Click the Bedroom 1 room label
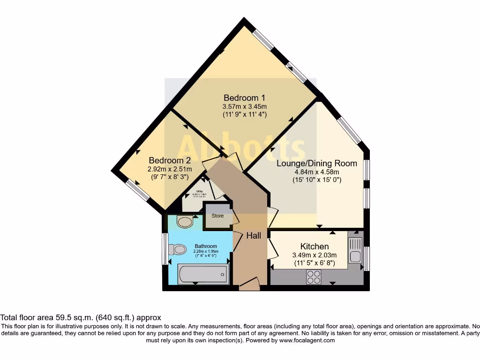click(x=244, y=98)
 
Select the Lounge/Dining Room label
click(x=316, y=164)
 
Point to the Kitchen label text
click(x=314, y=247)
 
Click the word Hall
click(x=254, y=236)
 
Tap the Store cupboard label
click(x=217, y=216)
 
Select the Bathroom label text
click(x=206, y=246)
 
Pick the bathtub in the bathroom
click(x=203, y=274)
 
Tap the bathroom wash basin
click(x=185, y=221)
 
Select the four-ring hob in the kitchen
click(x=314, y=277)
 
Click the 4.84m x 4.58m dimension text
click(x=316, y=172)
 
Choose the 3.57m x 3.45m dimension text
click(x=244, y=106)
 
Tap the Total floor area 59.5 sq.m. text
click(x=81, y=317)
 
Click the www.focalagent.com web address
click(x=307, y=340)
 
